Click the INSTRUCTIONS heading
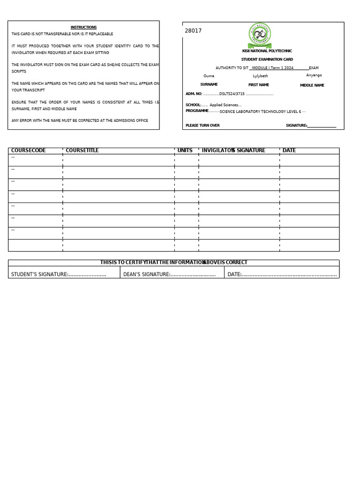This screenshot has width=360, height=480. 83,27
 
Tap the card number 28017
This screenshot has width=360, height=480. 193,31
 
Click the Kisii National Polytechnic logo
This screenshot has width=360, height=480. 260,35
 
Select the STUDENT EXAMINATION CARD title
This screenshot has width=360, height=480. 267,60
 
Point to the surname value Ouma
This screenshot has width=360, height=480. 209,76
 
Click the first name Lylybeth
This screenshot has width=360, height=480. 261,76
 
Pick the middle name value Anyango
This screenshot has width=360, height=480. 314,75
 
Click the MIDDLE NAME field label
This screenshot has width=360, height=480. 312,85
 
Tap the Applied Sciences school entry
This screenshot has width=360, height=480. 225,105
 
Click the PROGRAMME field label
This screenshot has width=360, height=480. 197,111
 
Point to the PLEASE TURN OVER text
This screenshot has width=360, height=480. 202,126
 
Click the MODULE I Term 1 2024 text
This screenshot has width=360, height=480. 273,68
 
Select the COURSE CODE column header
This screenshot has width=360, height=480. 29,150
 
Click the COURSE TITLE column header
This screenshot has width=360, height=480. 82,150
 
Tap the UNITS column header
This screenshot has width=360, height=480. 185,150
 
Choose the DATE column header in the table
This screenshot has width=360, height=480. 289,150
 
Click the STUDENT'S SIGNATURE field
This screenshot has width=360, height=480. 59,274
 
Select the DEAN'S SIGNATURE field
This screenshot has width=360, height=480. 169,274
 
